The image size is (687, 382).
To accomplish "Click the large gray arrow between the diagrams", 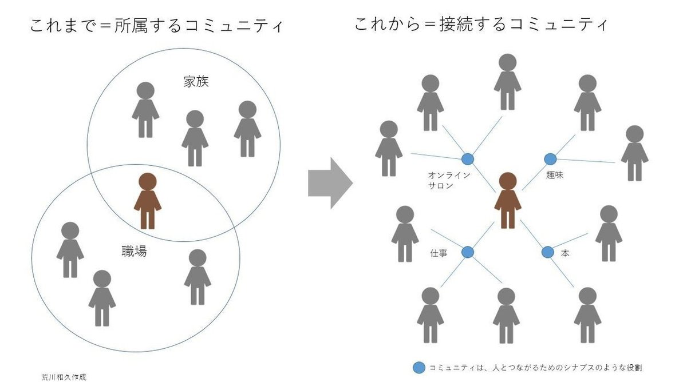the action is point(330,184).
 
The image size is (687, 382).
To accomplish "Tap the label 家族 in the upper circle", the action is point(196,82).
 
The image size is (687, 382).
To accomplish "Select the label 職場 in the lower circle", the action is point(134,250).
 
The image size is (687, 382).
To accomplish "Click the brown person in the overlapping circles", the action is point(148,201).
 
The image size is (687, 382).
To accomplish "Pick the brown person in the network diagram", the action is point(507,201).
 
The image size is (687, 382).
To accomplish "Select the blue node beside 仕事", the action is point(468,252).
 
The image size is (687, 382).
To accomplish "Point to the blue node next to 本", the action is point(547,252).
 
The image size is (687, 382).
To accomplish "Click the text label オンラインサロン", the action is point(449,181).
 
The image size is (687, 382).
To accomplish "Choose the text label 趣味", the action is point(555,176).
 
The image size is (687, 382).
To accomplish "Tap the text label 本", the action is point(565,253).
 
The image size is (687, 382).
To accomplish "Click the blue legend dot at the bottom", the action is point(419,367).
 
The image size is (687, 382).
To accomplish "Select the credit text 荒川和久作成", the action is point(64,377).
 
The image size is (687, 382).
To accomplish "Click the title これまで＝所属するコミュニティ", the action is point(156,26).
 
